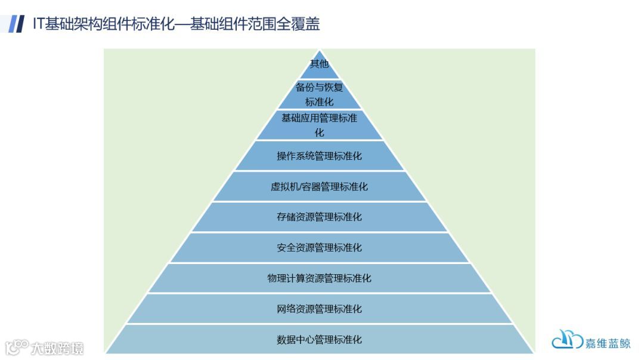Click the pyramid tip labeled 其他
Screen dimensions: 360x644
[320, 64]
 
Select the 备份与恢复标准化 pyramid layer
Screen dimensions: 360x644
[320, 94]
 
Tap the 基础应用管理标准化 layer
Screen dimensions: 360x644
[320, 125]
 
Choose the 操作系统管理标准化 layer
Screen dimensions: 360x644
[320, 156]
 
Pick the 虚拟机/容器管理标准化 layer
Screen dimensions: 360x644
[320, 187]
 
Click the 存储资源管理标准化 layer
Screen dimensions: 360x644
[320, 217]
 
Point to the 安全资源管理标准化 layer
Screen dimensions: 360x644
[320, 247]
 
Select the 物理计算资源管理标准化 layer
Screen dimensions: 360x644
[320, 278]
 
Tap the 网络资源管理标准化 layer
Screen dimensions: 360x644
[320, 309]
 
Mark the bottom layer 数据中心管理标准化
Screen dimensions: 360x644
[320, 340]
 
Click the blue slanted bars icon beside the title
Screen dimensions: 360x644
[17, 24]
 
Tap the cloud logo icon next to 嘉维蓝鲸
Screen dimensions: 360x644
[567, 340]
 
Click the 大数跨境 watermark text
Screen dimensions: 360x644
[58, 347]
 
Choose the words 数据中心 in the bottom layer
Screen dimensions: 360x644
[296, 340]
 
